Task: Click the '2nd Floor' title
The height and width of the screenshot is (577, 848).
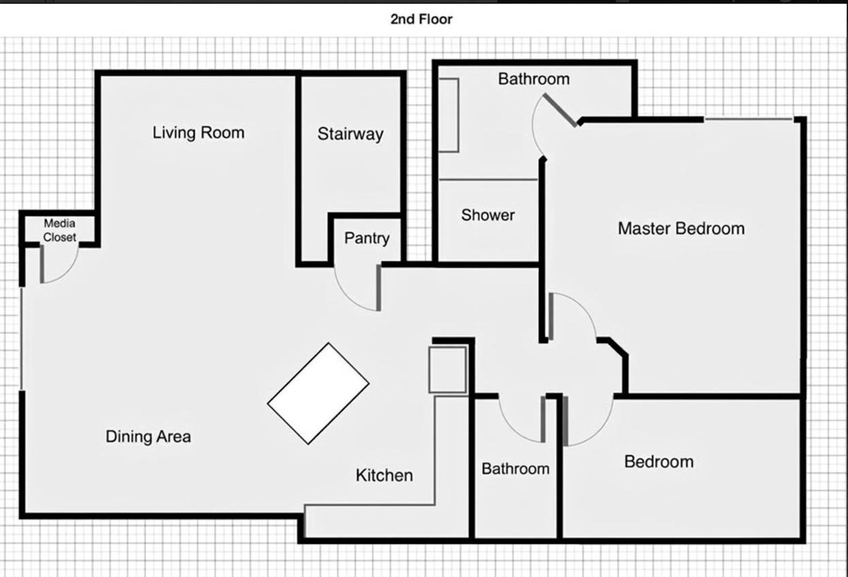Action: (421, 19)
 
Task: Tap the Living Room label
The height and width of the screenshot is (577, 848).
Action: (198, 132)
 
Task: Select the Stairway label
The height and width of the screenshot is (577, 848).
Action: (350, 134)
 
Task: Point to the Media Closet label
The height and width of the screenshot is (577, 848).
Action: (59, 230)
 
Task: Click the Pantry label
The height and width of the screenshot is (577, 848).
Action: (367, 238)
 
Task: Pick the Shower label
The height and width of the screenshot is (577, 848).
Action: (488, 215)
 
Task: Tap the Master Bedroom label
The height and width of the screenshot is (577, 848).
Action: (681, 229)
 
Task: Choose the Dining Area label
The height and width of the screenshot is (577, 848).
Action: (148, 437)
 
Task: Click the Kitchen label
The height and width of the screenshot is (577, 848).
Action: (384, 475)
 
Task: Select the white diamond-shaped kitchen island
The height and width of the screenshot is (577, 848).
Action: (318, 394)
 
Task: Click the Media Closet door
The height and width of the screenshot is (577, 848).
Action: (42, 264)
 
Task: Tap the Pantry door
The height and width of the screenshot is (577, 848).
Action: (378, 288)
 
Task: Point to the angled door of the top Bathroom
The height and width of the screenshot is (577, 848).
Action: (560, 110)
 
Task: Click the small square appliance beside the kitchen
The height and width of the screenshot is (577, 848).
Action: (447, 370)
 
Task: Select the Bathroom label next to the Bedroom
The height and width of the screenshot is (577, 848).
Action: (515, 469)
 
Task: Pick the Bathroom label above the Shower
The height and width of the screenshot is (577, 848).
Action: (533, 79)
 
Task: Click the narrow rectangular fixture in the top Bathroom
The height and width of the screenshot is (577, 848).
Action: (449, 115)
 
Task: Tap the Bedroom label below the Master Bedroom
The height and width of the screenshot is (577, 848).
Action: (659, 462)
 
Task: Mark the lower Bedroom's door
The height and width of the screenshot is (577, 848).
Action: (565, 420)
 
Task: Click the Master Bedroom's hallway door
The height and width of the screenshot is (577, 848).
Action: (551, 316)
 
